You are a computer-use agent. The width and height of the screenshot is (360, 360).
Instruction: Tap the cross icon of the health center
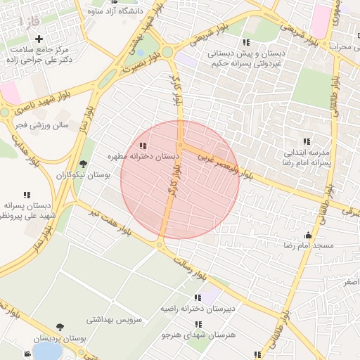[x=39, y=39]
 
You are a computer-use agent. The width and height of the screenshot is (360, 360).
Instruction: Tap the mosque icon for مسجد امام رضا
[x=307, y=236]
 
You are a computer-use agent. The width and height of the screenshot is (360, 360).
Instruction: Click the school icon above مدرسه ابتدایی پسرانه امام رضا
[x=306, y=141]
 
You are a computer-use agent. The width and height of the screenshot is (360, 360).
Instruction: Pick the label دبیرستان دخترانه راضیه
[x=200, y=308]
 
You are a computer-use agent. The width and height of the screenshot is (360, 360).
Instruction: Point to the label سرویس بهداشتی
[x=114, y=319]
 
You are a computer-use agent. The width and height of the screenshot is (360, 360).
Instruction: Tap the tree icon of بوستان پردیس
[x=60, y=326]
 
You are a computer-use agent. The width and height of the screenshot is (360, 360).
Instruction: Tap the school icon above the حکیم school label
[x=245, y=42]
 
